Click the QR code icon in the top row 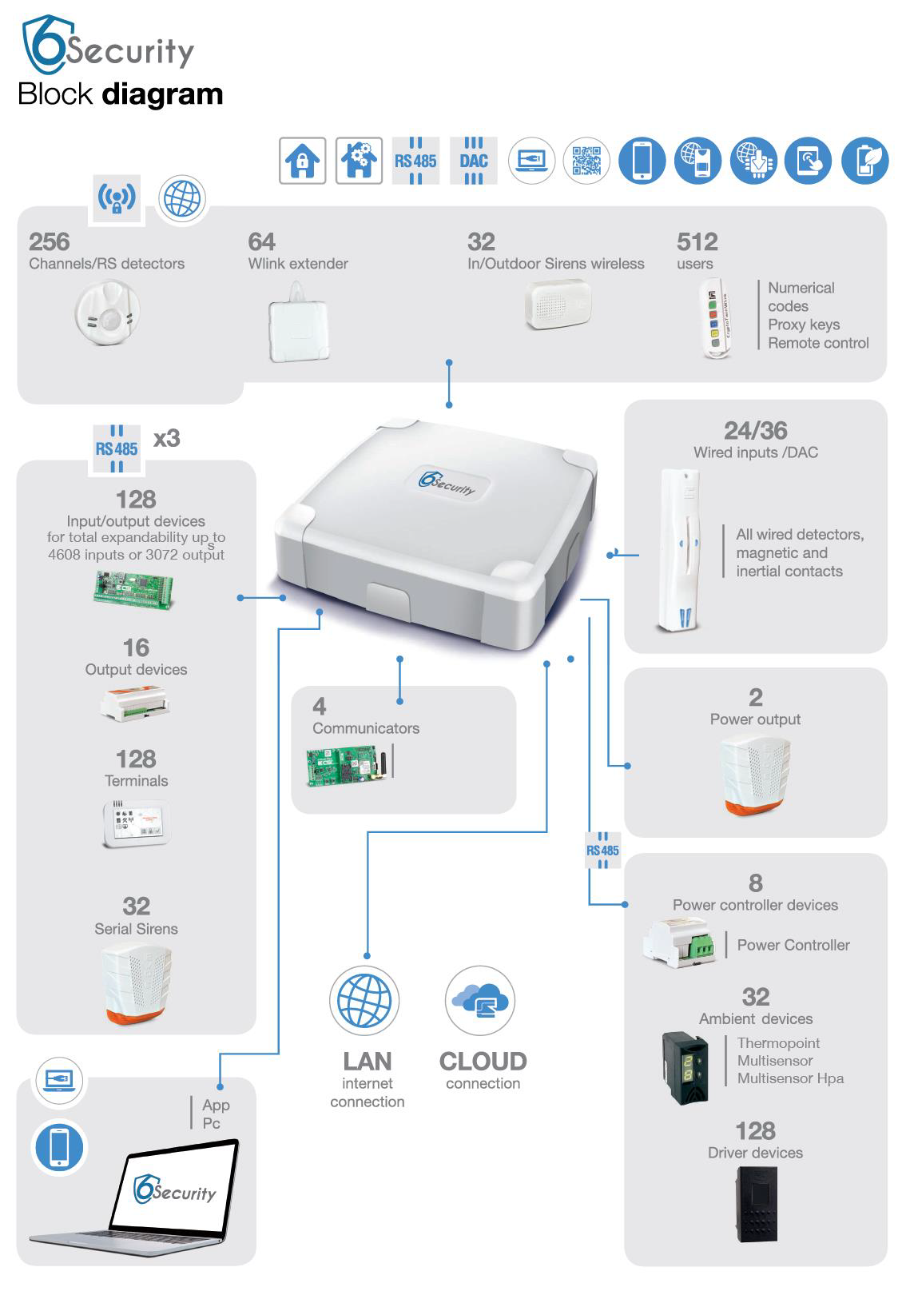point(586,161)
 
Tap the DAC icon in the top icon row point(474,161)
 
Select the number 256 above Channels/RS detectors point(50,241)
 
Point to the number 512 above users point(697,241)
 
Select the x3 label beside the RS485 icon point(166,438)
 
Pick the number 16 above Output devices point(136,648)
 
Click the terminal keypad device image point(136,824)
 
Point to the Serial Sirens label point(136,929)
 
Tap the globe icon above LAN point(364,1000)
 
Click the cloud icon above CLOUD point(480,1000)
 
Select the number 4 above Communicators point(320,706)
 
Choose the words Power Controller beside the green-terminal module point(793,945)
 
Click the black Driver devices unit point(755,1204)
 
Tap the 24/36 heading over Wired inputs point(755,431)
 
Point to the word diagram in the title point(162,94)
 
